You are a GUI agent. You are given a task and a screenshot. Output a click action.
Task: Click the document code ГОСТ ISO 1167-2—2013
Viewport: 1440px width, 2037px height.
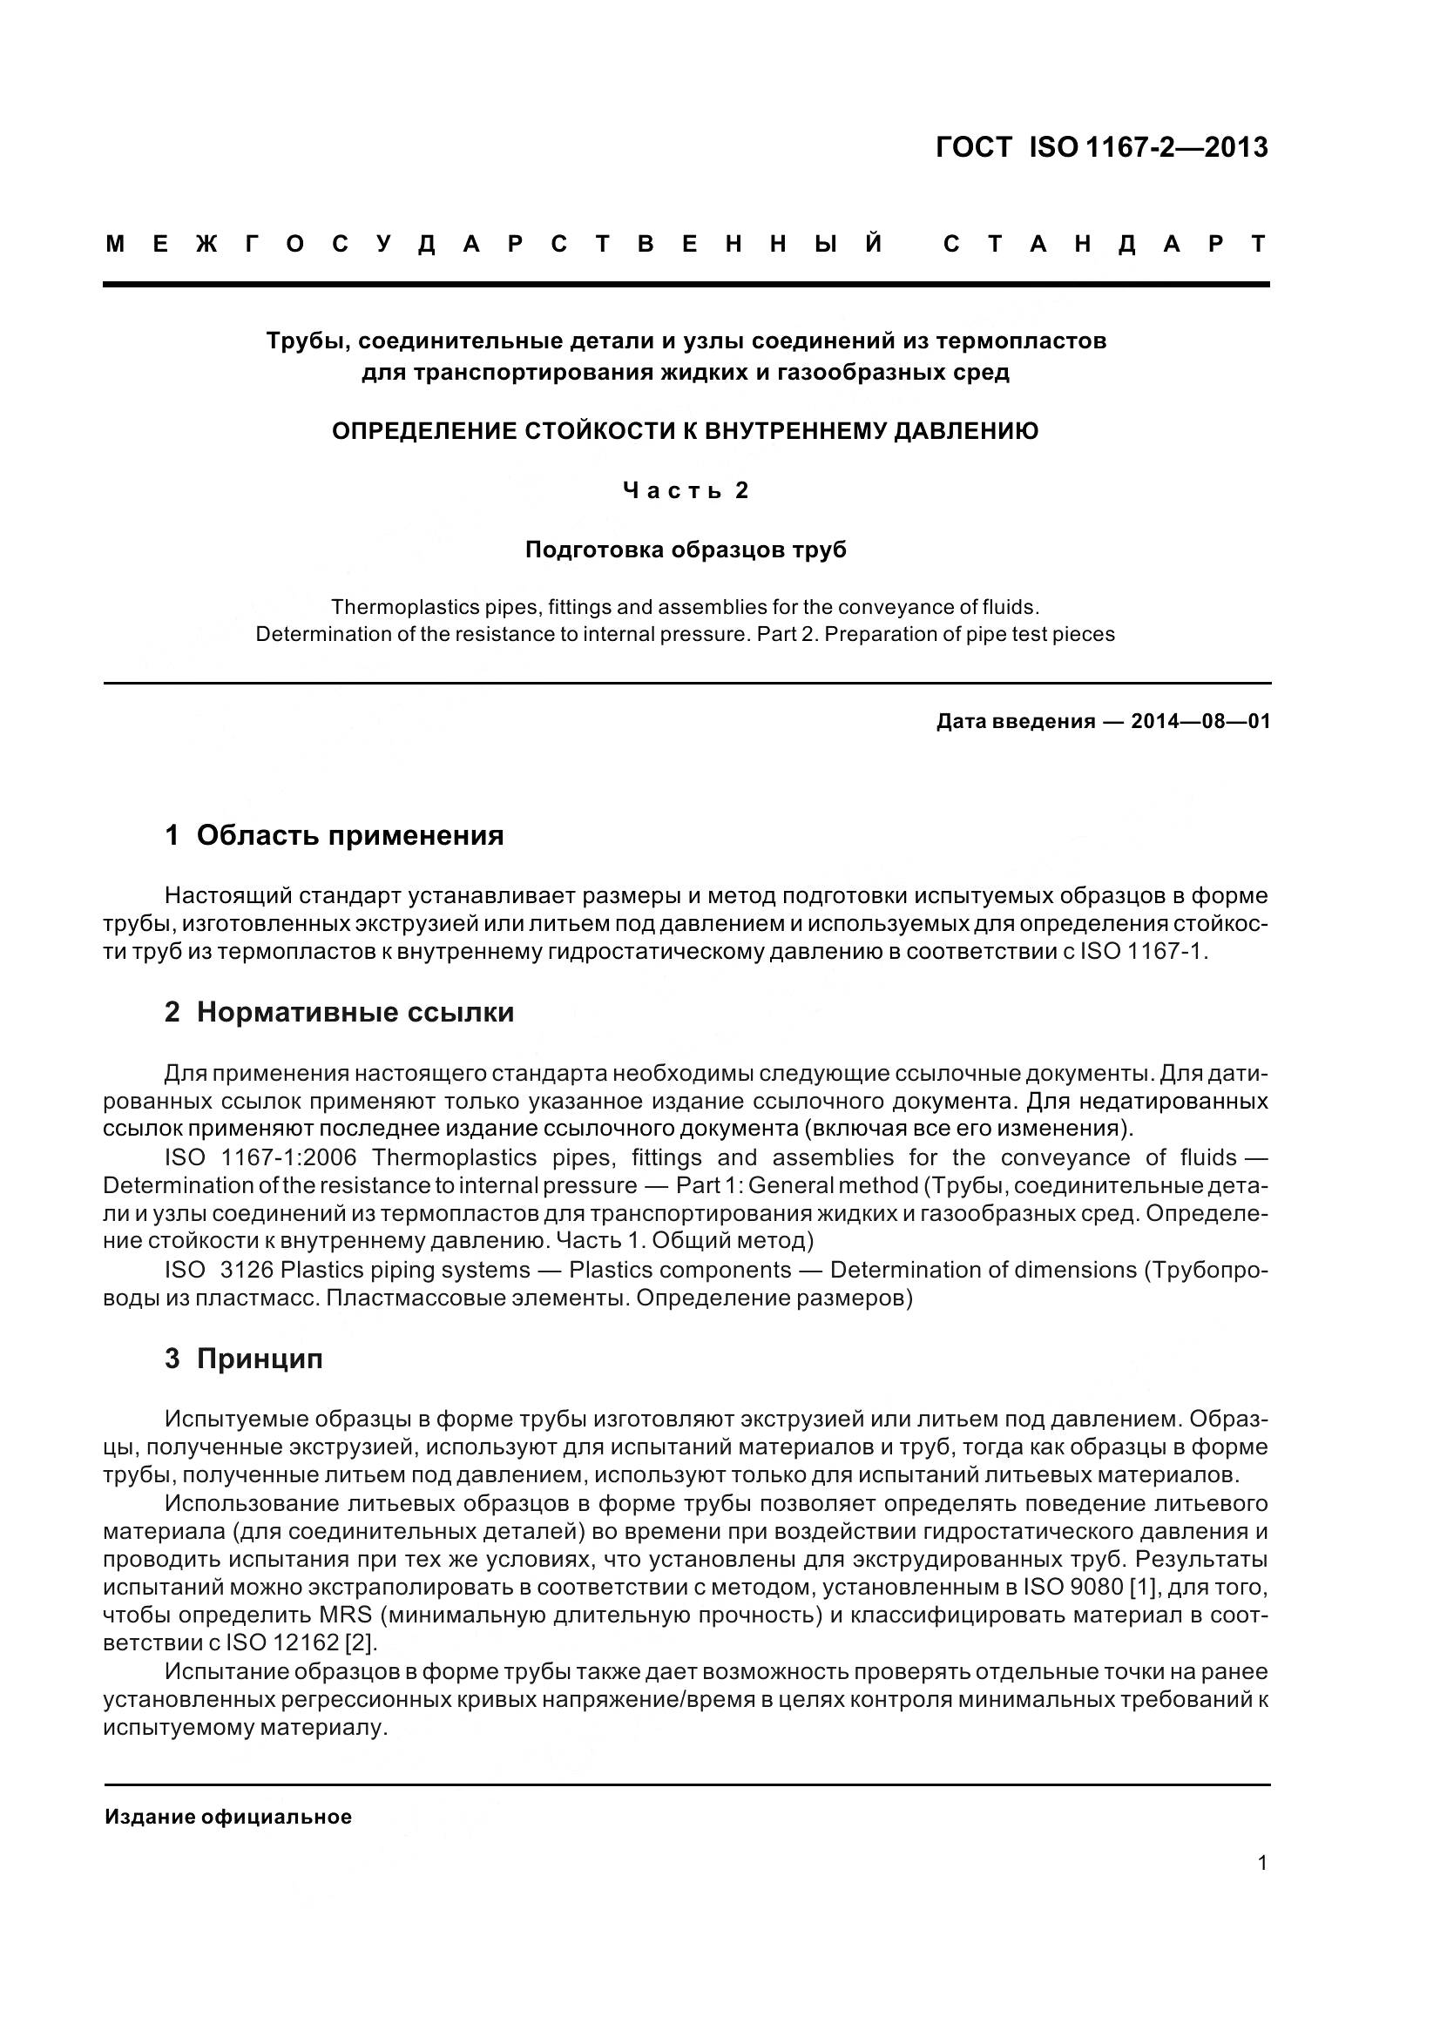[1101, 147]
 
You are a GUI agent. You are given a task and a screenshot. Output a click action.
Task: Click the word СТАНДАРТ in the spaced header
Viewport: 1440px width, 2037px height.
[1105, 245]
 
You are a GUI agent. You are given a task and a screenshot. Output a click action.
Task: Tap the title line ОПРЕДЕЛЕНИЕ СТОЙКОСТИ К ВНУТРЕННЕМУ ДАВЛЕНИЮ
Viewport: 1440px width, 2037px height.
[685, 431]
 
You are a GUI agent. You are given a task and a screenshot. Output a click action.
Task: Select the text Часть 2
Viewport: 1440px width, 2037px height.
[686, 490]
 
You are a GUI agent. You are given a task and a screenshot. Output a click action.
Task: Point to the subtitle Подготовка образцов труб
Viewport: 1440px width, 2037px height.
[686, 550]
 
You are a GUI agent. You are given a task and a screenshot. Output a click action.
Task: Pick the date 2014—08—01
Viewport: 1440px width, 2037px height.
[1200, 721]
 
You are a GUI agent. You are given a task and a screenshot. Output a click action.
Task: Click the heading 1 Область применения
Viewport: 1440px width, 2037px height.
[334, 835]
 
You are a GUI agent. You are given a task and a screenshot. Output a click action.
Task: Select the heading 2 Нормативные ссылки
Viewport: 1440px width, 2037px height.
[339, 1011]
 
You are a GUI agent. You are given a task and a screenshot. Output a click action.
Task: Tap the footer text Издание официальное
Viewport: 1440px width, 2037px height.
[228, 1817]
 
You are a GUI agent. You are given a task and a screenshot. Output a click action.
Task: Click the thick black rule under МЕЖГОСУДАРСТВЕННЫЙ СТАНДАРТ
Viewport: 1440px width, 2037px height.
[686, 285]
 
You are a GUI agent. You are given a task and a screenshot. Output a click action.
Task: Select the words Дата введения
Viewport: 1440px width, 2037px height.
[1015, 721]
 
